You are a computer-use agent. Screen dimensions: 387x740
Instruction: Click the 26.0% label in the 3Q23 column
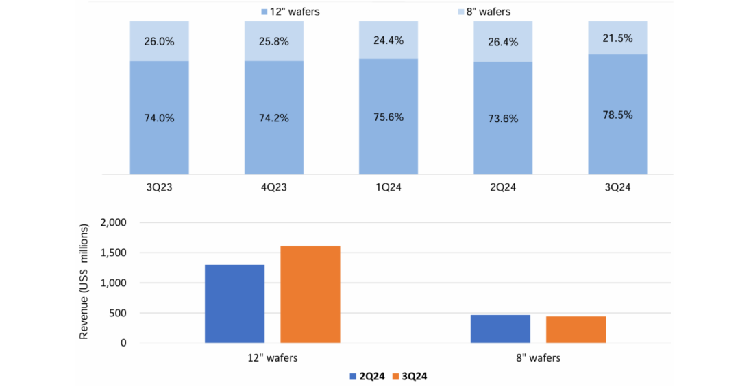[x=159, y=41]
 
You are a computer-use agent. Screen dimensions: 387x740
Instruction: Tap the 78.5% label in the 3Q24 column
[x=617, y=115]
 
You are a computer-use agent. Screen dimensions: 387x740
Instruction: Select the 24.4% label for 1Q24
[x=388, y=40]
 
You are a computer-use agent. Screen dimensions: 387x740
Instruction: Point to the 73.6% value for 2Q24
[x=502, y=117]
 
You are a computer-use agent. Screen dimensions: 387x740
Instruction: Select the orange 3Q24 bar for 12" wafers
[x=310, y=294]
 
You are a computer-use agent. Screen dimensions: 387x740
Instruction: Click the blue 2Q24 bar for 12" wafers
[x=234, y=303]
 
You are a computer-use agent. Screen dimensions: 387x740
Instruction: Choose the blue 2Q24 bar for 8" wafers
[x=500, y=329]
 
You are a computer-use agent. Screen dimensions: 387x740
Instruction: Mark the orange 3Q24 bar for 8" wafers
[x=576, y=329]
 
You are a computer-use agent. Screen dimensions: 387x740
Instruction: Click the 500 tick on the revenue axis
[x=118, y=313]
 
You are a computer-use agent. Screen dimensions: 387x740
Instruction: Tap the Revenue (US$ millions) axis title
[x=84, y=281]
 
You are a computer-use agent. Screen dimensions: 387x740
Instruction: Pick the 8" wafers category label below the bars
[x=538, y=358]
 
